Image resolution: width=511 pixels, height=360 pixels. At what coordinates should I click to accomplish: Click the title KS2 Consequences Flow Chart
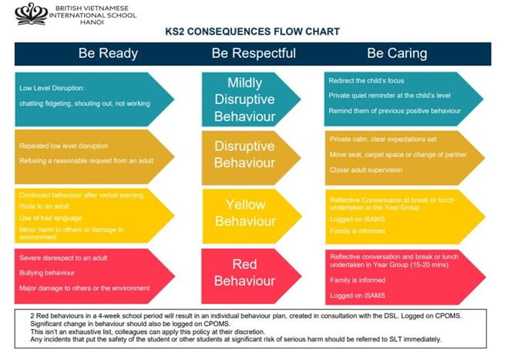(x=252, y=32)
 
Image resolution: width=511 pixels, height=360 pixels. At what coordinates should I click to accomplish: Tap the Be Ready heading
(x=108, y=54)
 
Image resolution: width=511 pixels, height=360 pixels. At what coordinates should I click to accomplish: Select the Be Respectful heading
(x=254, y=54)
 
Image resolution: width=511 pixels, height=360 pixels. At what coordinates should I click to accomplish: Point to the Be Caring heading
(x=396, y=54)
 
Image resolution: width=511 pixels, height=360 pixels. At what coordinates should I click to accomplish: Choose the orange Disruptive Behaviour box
(x=244, y=154)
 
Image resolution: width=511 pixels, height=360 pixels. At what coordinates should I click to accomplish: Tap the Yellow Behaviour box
(x=244, y=211)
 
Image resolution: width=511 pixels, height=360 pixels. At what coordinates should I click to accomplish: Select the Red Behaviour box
(x=244, y=271)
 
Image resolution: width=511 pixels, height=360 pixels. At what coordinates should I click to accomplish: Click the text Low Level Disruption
(x=53, y=87)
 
